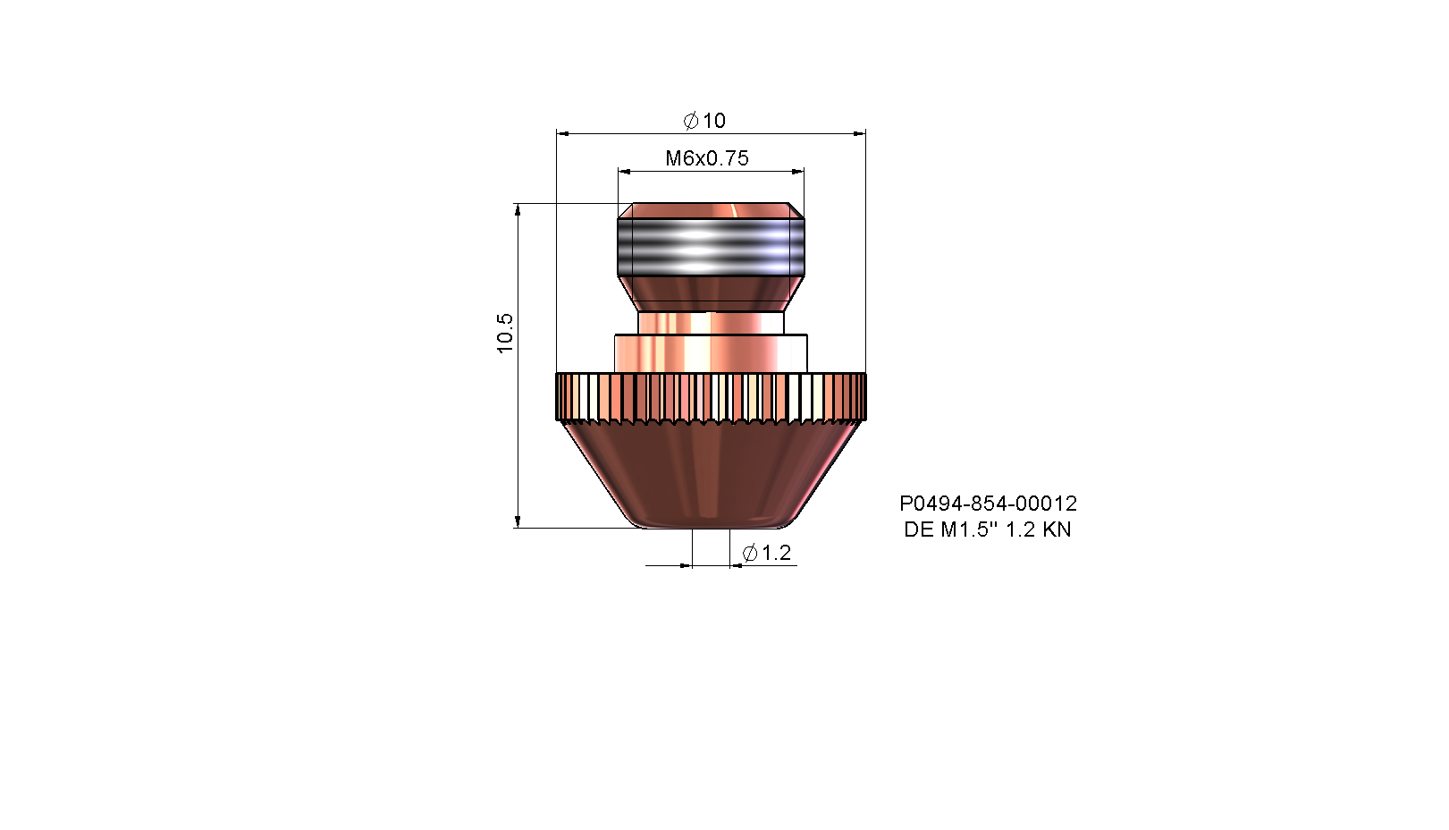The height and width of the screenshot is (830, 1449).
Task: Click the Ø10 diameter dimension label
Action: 704,121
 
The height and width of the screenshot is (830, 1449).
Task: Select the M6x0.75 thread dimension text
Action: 707,158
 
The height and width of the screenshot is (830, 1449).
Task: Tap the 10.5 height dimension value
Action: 505,334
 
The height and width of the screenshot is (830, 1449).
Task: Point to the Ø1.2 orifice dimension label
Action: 767,553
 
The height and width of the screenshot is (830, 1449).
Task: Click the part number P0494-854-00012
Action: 989,503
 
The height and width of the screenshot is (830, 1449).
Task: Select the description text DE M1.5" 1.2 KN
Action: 988,529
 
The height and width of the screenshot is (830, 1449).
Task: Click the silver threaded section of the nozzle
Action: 711,248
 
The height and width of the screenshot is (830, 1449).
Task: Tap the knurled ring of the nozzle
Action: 711,397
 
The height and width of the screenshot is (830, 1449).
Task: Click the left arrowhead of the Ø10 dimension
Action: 562,134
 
